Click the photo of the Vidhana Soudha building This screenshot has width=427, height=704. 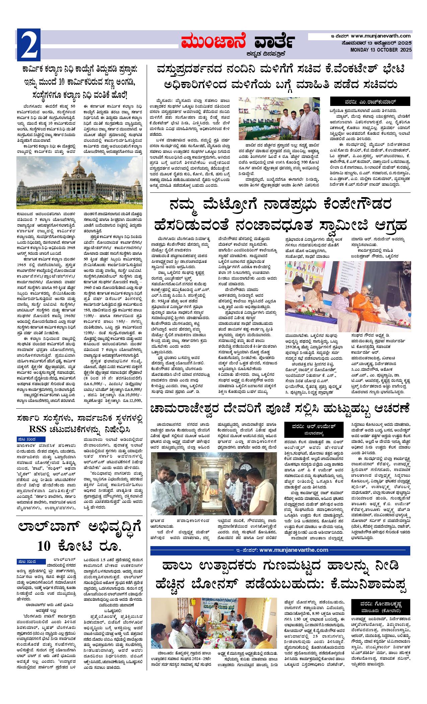[79, 183]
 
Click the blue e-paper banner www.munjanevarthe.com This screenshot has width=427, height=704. [281, 550]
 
